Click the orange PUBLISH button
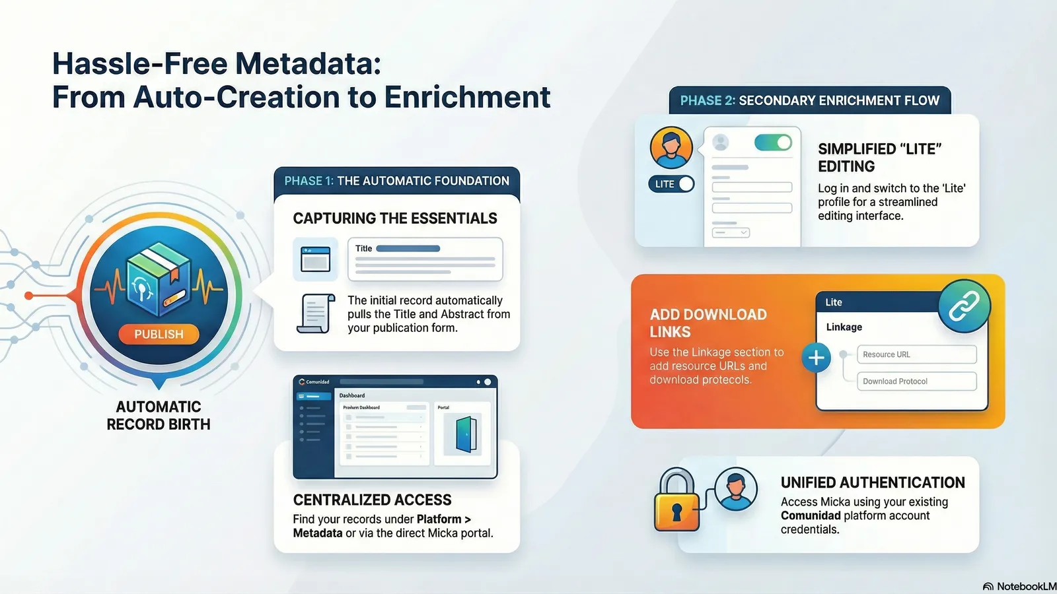[159, 335]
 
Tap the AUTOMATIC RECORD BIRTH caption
[159, 416]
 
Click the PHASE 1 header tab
[396, 181]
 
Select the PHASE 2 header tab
[809, 100]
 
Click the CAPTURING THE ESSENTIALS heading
[395, 218]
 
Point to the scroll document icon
[315, 314]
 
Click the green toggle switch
[772, 143]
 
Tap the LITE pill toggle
[671, 184]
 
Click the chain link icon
[964, 306]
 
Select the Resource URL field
[916, 354]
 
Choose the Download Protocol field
[916, 381]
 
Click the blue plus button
[816, 358]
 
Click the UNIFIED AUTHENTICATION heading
[873, 482]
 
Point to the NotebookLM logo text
[1020, 587]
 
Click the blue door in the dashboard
[466, 434]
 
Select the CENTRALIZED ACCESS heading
[372, 500]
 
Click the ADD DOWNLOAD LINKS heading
[708, 323]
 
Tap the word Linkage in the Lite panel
[844, 327]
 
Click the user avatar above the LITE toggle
[671, 148]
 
